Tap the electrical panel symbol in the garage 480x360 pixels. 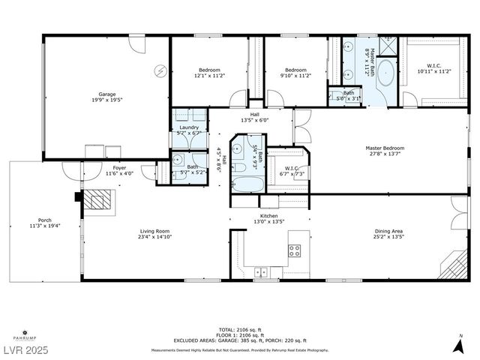click(160, 70)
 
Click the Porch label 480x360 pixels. click(44, 220)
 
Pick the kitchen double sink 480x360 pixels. click(261, 271)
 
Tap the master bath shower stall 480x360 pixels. click(388, 46)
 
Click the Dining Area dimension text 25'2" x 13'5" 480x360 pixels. click(390, 238)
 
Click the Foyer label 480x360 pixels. click(119, 168)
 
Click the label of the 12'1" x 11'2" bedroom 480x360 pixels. click(210, 75)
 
